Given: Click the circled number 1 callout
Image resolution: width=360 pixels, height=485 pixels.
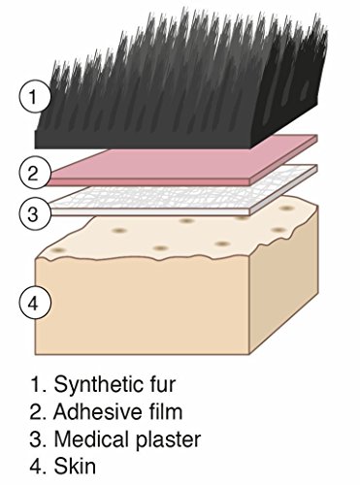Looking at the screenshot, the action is point(33,97).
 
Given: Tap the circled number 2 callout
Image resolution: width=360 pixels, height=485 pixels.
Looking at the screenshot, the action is point(33,174).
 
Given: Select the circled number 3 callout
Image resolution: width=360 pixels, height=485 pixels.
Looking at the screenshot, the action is point(33,213).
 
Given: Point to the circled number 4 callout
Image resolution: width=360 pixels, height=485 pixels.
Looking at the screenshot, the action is point(33,304).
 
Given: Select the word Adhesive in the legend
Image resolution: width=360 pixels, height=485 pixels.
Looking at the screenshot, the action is point(97,411).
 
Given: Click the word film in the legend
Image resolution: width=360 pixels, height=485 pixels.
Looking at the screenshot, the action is point(165,411).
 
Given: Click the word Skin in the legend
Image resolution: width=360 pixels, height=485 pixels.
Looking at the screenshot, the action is point(75,467).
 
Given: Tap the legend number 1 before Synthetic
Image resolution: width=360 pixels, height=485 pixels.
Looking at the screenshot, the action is point(37,384).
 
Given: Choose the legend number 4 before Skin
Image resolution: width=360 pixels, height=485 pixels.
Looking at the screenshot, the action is point(37,467).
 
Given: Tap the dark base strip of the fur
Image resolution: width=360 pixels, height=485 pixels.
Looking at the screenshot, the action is point(143,140).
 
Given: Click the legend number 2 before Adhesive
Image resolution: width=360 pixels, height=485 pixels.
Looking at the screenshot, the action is point(37,411).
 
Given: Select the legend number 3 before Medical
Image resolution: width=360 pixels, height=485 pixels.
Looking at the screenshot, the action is point(37,439).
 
